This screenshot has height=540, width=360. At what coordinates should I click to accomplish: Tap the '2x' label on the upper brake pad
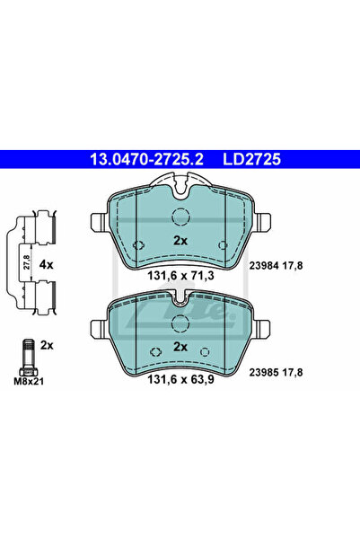pos(180,241)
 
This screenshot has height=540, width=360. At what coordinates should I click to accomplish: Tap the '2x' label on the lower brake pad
pos(180,346)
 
